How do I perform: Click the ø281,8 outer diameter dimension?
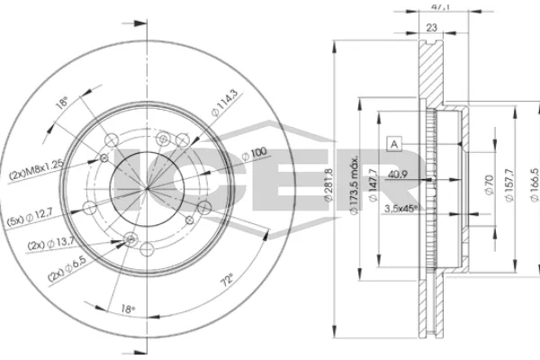pos(328,184)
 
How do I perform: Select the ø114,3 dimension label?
pos(224,103)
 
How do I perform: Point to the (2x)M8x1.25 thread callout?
pos(36,170)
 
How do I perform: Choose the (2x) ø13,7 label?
pos(51,244)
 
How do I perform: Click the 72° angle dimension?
pos(228,280)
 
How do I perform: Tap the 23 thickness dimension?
pos(431,27)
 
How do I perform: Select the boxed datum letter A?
pos(394,144)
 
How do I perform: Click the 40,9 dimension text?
pos(398,175)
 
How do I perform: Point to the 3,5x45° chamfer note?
pos(400,209)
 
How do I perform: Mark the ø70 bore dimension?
pos(489,184)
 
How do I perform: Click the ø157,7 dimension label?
pos(509,184)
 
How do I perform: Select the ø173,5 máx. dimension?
pos(354,184)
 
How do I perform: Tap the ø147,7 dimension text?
pos(373,184)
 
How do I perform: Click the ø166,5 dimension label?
pos(535,184)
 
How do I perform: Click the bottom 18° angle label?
pos(128,309)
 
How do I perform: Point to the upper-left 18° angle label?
pos(62,103)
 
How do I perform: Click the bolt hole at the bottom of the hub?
pos(147,249)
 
